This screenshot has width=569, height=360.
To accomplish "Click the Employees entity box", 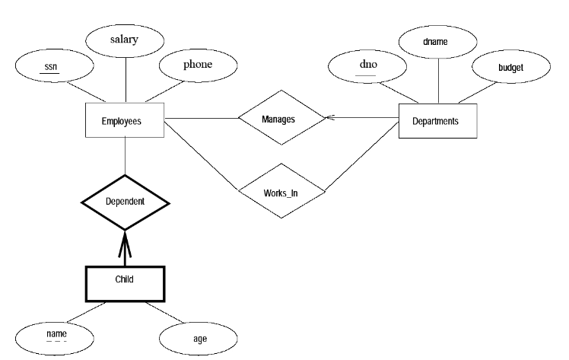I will click(122, 120).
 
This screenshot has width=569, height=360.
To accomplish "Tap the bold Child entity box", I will click(125, 279).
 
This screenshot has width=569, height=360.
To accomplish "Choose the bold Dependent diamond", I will click(125, 203).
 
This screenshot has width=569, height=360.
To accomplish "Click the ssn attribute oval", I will click(51, 66).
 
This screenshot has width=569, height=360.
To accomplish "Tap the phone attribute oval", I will click(197, 65).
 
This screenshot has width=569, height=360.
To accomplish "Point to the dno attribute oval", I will click(368, 66).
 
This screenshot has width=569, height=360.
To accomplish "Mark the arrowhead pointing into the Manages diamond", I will click(329, 119).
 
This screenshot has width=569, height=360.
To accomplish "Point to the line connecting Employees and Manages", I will click(201, 119).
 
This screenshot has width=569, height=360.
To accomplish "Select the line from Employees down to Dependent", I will click(124, 157).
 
